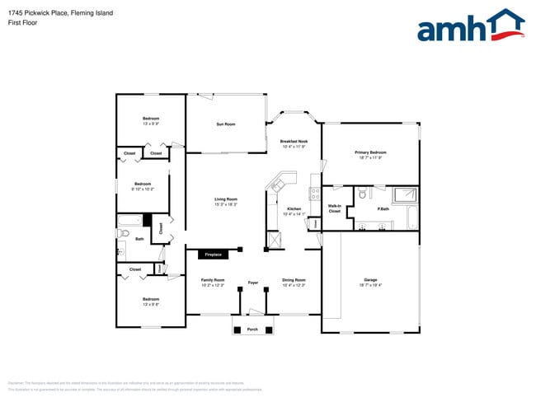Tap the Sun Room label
click(x=225, y=124)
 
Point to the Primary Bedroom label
click(x=370, y=152)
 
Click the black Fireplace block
click(x=213, y=255)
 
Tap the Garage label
click(x=370, y=279)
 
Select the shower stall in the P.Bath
click(x=406, y=195)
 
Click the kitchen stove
click(x=314, y=194)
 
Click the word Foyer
click(x=253, y=283)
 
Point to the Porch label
click(x=252, y=330)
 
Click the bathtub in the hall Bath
click(x=130, y=221)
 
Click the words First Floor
click(x=22, y=23)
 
